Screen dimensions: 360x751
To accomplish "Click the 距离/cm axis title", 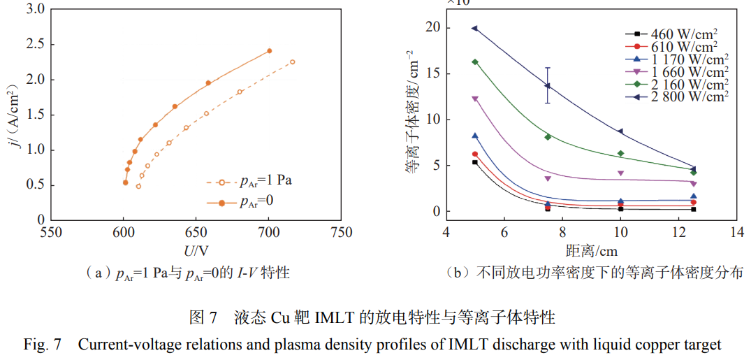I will [591, 250].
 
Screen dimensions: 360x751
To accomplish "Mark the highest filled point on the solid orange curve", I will [269, 50].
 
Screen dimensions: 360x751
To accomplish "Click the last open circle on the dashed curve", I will [292, 62].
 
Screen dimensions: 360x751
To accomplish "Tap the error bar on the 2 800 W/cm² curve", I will [548, 85].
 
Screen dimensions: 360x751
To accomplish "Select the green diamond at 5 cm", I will [475, 62].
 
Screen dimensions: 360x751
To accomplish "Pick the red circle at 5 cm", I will [475, 154].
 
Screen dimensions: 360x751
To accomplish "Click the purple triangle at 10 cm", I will [620, 173].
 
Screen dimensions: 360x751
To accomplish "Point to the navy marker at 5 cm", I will [474, 29].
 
